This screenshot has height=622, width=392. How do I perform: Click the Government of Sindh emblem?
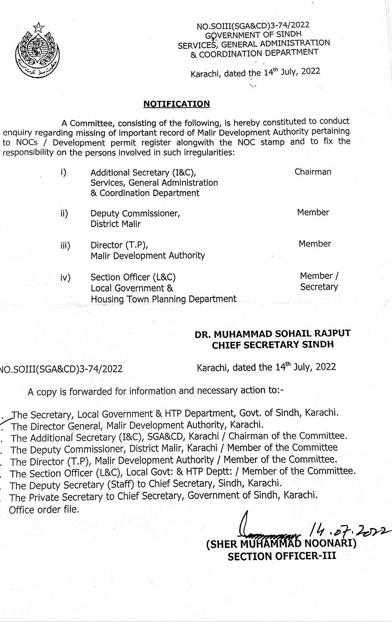coord(35,51)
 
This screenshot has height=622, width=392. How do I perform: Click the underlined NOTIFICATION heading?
coord(177,104)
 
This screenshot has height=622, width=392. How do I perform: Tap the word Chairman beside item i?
coord(313,172)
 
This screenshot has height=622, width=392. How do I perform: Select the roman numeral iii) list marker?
coord(65,246)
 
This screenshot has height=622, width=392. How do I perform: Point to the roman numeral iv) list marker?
coord(65,278)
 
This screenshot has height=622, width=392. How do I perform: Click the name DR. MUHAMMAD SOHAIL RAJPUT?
coord(273,333)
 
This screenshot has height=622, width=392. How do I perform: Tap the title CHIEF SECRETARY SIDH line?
coord(273,344)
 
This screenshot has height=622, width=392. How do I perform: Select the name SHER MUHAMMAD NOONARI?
coord(281,544)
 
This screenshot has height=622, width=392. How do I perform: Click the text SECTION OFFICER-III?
coord(282,556)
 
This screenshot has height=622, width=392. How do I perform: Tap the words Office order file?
coord(44,510)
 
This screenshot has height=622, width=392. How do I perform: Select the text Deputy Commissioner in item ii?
coord(135,213)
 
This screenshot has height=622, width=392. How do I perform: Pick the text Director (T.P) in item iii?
coord(119,245)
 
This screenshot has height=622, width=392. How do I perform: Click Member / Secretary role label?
coord(319,281)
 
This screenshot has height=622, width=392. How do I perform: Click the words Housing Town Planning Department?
coord(163,299)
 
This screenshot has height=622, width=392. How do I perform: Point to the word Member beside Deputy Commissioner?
coord(313,212)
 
